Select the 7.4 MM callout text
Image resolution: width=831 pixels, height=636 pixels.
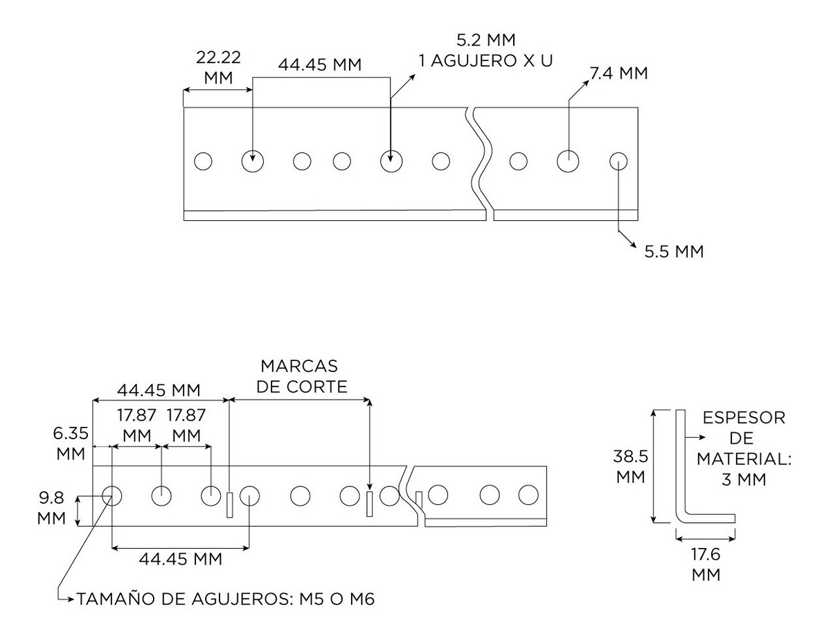[618, 73]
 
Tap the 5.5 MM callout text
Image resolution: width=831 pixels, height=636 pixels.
[674, 251]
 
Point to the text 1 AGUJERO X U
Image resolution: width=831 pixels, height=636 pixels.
[485, 60]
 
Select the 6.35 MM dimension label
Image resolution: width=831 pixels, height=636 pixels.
[72, 443]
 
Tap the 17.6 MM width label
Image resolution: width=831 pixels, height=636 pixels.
[706, 564]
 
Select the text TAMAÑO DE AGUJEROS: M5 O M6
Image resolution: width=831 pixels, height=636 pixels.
[226, 599]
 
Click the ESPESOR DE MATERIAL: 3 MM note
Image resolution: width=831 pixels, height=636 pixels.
[743, 448]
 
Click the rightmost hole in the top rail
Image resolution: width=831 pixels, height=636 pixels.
[618, 161]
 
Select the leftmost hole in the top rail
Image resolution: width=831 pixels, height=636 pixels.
[202, 161]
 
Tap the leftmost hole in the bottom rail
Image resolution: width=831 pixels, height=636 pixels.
[112, 495]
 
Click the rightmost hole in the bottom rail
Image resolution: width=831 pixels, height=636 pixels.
[528, 495]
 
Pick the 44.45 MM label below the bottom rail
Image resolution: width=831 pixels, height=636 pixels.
[180, 559]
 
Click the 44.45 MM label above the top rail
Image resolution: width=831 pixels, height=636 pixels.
[320, 65]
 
